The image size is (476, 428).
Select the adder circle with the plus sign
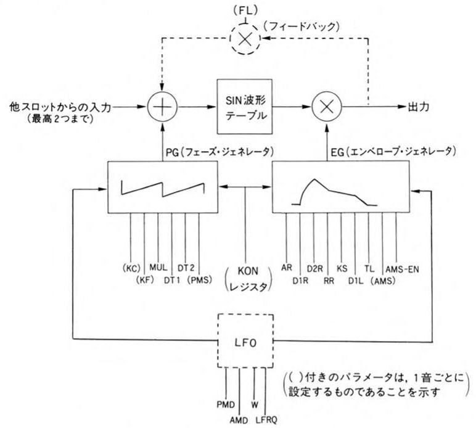click(162, 107)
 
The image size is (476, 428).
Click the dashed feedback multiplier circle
click(245, 39)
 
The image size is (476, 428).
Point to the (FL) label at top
click(245, 10)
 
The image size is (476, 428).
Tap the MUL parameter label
click(158, 268)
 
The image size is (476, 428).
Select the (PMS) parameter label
click(199, 279)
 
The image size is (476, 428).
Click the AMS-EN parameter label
click(402, 269)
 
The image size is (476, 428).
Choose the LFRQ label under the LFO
click(266, 420)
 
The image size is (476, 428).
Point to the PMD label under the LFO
click(226, 405)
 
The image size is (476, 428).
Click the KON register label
click(248, 278)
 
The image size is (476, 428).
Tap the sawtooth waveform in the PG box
click(163, 189)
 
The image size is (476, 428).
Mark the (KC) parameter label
click(131, 268)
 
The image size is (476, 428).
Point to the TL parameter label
click(369, 269)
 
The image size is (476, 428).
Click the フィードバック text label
click(301, 27)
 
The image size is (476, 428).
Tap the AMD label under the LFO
click(239, 420)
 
